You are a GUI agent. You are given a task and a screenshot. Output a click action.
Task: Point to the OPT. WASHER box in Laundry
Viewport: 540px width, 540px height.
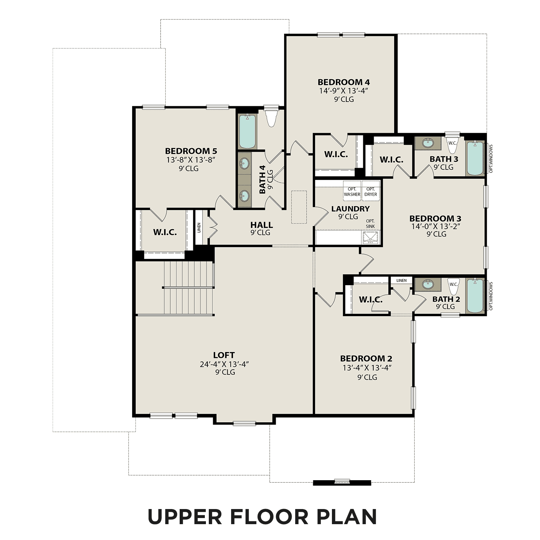(352, 192)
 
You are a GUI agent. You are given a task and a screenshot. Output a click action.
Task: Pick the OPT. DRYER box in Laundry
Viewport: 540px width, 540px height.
(371, 192)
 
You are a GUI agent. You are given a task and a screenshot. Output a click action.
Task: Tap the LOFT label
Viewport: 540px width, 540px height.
(224, 355)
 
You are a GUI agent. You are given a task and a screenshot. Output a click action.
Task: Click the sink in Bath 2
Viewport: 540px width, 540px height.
(428, 284)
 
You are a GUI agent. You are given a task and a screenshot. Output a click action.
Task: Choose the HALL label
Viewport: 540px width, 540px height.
(261, 225)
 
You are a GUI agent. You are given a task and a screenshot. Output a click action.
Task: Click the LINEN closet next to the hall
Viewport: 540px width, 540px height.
(199, 228)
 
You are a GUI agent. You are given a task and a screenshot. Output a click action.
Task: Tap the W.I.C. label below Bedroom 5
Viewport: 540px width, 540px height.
(165, 232)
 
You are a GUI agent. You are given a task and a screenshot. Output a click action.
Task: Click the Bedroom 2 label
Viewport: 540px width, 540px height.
(366, 359)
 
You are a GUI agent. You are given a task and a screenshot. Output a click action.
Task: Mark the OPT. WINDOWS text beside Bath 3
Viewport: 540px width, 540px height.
(491, 159)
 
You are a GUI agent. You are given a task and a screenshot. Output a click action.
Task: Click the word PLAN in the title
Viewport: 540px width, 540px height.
(347, 516)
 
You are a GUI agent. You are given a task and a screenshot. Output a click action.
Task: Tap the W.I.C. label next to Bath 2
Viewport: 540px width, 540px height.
(371, 300)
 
